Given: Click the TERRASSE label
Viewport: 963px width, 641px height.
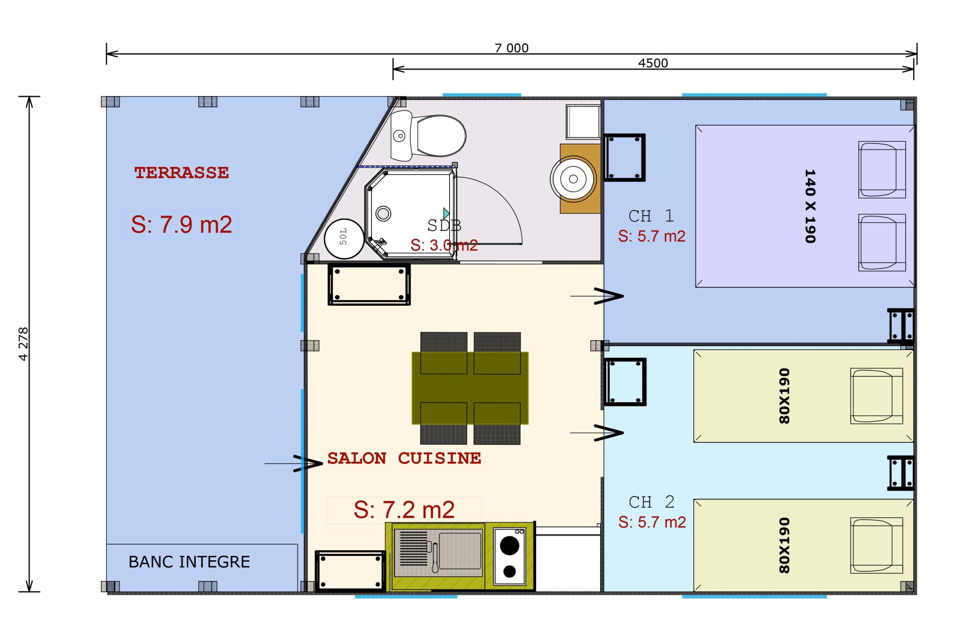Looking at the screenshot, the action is pyautogui.click(x=181, y=173).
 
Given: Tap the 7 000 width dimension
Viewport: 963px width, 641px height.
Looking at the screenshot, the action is pyautogui.click(x=511, y=48).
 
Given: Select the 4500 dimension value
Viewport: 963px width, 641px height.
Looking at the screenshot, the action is pyautogui.click(x=653, y=63).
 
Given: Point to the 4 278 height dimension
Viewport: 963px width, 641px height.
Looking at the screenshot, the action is pyautogui.click(x=24, y=344).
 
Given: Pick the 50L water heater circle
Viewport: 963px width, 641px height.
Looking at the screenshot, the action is pyautogui.click(x=344, y=239).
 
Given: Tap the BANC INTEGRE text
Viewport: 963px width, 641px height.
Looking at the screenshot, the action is pyautogui.click(x=189, y=562).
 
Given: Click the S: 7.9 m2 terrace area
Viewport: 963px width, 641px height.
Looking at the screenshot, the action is pyautogui.click(x=181, y=225).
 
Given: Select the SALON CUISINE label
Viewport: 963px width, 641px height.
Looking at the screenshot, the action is pyautogui.click(x=404, y=458).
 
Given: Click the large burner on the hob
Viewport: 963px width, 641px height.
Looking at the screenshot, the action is pyautogui.click(x=509, y=545).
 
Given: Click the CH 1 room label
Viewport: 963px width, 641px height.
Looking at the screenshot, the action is pyautogui.click(x=651, y=216).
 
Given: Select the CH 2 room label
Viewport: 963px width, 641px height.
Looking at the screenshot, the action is pyautogui.click(x=652, y=502).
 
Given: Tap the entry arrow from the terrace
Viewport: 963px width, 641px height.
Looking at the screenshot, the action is pyautogui.click(x=293, y=463).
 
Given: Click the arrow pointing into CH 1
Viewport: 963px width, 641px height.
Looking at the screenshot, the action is pyautogui.click(x=597, y=296).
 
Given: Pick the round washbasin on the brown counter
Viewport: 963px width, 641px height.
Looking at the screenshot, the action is pyautogui.click(x=573, y=179).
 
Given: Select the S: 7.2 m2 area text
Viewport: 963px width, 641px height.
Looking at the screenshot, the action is pyautogui.click(x=404, y=510).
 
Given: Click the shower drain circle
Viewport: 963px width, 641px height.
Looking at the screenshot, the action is pyautogui.click(x=383, y=213).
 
